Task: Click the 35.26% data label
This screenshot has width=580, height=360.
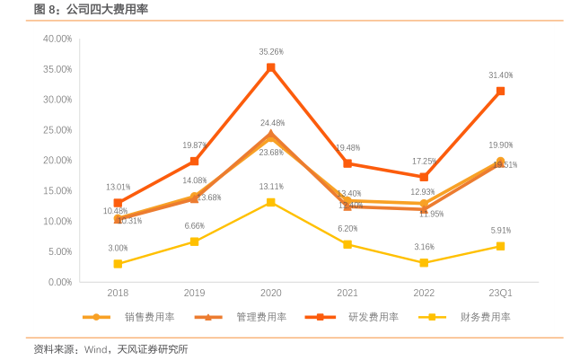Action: click(271, 52)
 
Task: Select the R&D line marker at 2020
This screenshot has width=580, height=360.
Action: click(271, 67)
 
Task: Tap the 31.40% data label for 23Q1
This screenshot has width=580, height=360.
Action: click(500, 75)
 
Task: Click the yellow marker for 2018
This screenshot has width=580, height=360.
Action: click(118, 264)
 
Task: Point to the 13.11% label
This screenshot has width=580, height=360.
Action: click(271, 187)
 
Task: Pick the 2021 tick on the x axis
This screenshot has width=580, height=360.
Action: click(347, 293)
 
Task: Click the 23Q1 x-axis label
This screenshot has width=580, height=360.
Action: click(500, 293)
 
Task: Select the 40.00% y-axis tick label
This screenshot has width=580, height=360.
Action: click(57, 39)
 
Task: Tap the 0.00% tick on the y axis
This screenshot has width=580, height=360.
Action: click(59, 282)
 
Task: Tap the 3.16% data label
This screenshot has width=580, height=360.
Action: click(424, 247)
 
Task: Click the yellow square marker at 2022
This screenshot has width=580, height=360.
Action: click(424, 263)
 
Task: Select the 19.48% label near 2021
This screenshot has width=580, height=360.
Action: click(347, 147)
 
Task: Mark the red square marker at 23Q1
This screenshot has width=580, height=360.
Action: click(500, 91)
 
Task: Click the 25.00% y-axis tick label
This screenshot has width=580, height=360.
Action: click(57, 130)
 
